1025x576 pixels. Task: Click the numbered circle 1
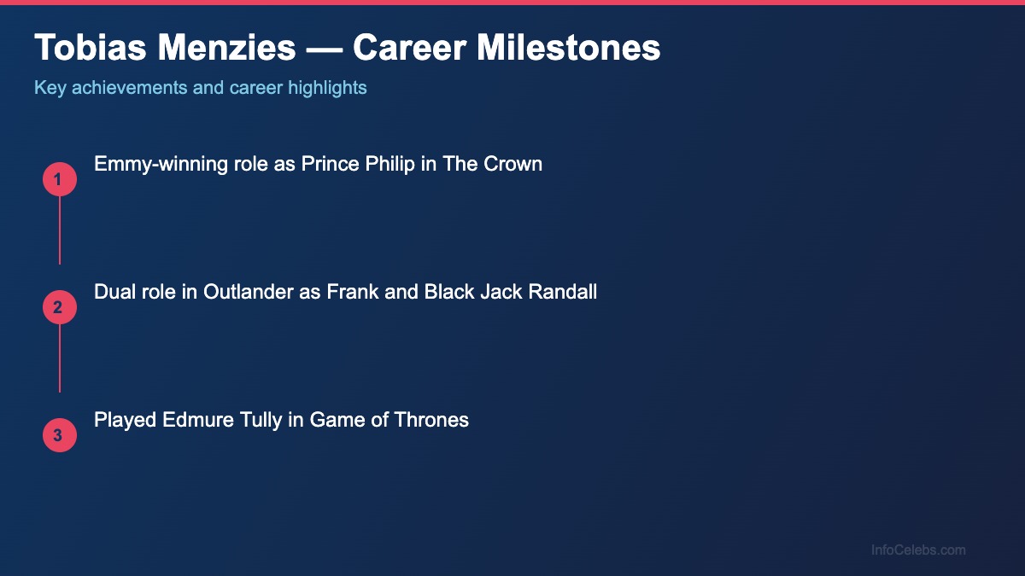click(x=60, y=179)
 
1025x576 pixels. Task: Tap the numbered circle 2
click(x=60, y=307)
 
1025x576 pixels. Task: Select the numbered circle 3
click(x=60, y=435)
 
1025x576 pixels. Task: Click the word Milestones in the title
click(x=568, y=49)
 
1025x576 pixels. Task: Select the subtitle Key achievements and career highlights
click(x=201, y=87)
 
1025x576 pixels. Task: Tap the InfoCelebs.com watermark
click(x=918, y=550)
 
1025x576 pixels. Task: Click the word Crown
click(x=512, y=164)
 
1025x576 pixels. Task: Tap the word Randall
click(x=562, y=292)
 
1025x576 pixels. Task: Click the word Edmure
click(x=189, y=420)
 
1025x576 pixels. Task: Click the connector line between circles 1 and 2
click(x=60, y=230)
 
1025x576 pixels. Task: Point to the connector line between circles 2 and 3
click(x=60, y=358)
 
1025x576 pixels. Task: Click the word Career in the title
click(x=408, y=49)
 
